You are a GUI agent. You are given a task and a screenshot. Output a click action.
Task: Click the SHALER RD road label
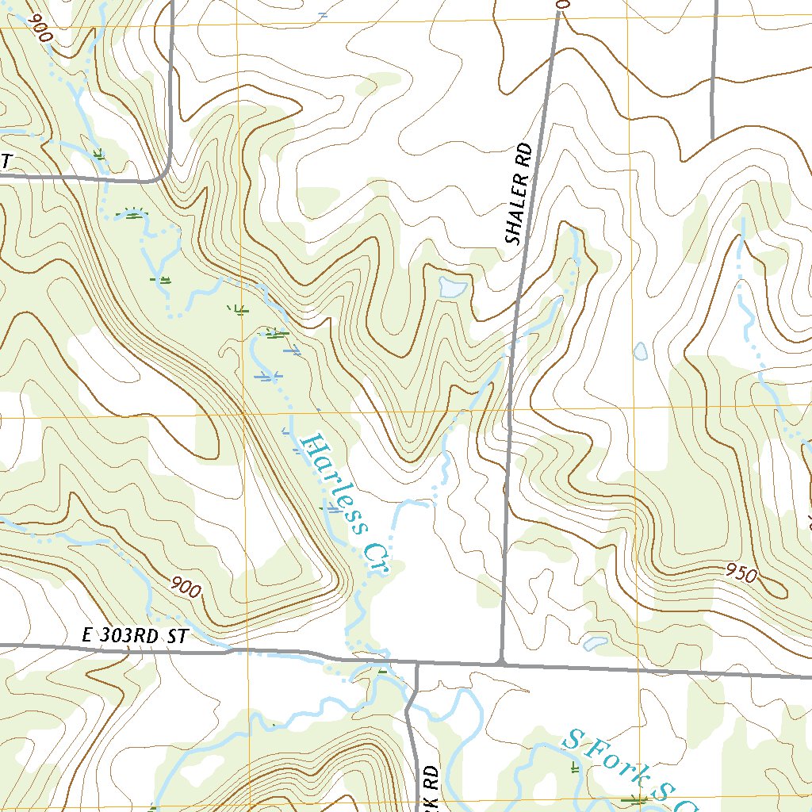(x=517, y=195)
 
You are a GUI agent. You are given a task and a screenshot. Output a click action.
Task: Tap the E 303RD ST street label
(x=132, y=635)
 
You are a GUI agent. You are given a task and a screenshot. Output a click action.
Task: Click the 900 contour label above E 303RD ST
(x=186, y=588)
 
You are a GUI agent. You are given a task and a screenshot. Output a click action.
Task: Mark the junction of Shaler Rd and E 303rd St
(x=501, y=660)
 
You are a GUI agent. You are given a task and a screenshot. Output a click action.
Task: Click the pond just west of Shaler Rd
(x=453, y=286)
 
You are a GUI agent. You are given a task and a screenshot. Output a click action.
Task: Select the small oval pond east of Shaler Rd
(x=641, y=350)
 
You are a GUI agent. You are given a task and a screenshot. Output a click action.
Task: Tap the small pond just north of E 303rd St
(x=595, y=642)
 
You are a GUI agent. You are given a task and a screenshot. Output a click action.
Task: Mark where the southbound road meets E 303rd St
(x=416, y=663)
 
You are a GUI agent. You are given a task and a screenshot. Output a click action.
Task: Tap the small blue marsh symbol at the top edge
(x=321, y=13)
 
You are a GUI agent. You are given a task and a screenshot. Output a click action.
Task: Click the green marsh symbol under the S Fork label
(x=634, y=801)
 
